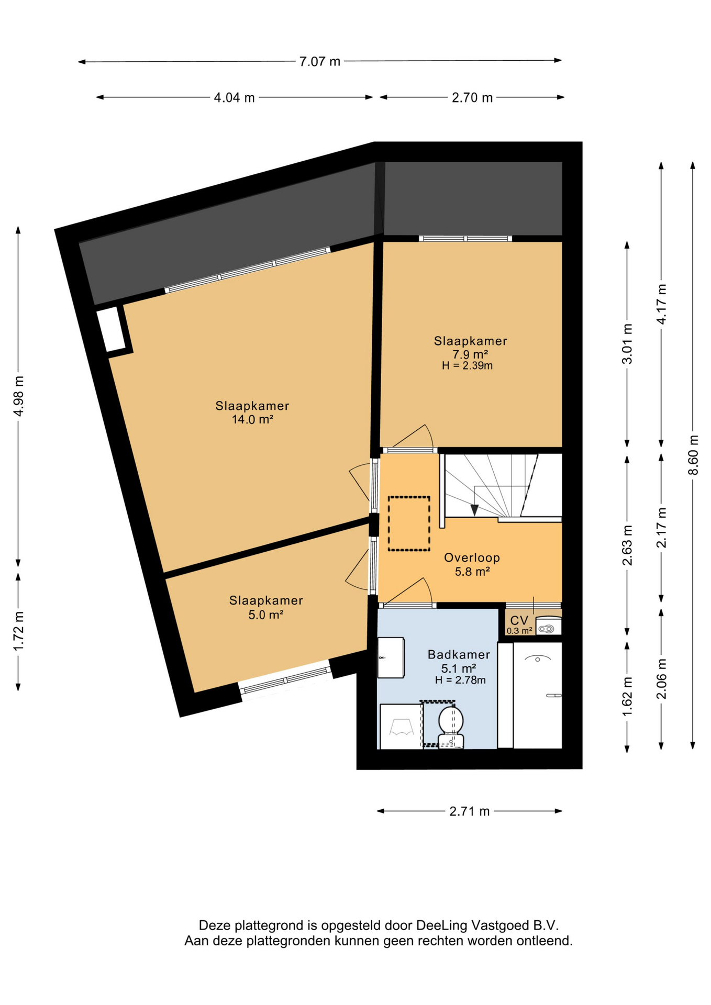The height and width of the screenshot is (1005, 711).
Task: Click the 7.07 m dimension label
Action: pos(319,62)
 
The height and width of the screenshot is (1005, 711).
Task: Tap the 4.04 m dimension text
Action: pos(234,98)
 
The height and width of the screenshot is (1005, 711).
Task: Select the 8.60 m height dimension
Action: pos(693,455)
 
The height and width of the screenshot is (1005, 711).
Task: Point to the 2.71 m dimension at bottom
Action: pos(469,811)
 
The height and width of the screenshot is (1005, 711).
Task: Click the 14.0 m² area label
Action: pos(252,419)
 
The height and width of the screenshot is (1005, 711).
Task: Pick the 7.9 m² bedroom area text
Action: pos(470,354)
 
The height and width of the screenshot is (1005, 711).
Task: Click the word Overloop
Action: pos(472,558)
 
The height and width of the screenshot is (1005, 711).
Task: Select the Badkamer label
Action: pos(459,654)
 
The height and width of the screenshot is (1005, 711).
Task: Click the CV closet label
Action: pos(519,621)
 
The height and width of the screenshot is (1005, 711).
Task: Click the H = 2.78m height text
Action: pos(460,680)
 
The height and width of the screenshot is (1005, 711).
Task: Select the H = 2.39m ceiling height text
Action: pos(467,366)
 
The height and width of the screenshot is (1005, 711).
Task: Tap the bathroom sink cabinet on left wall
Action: pos(391,657)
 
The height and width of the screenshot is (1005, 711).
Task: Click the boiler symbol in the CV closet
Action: pos(548,628)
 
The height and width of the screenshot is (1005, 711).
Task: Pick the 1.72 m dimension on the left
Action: pos(19,631)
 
